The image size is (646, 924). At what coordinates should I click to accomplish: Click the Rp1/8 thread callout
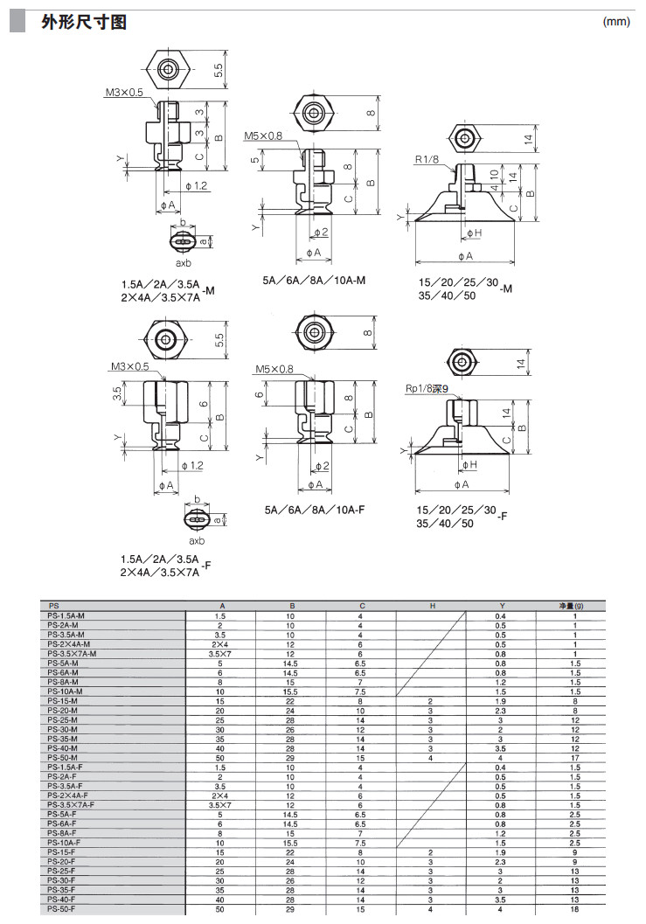tap(426, 389)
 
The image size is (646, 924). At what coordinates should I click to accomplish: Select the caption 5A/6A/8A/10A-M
tap(314, 281)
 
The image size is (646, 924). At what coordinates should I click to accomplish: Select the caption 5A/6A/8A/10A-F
tap(314, 509)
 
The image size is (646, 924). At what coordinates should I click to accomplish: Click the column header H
tap(431, 606)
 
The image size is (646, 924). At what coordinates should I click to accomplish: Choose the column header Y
tap(501, 606)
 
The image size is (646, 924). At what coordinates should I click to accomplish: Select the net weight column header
tap(572, 606)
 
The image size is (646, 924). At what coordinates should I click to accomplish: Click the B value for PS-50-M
tap(290, 757)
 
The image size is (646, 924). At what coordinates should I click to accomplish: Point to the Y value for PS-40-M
tap(501, 748)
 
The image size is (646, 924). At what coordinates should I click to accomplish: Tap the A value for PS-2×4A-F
tap(220, 795)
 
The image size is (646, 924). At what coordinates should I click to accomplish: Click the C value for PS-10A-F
tap(360, 843)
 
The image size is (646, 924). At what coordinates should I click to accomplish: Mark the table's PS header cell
tap(54, 606)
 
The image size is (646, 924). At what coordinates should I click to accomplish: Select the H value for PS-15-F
tap(431, 852)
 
